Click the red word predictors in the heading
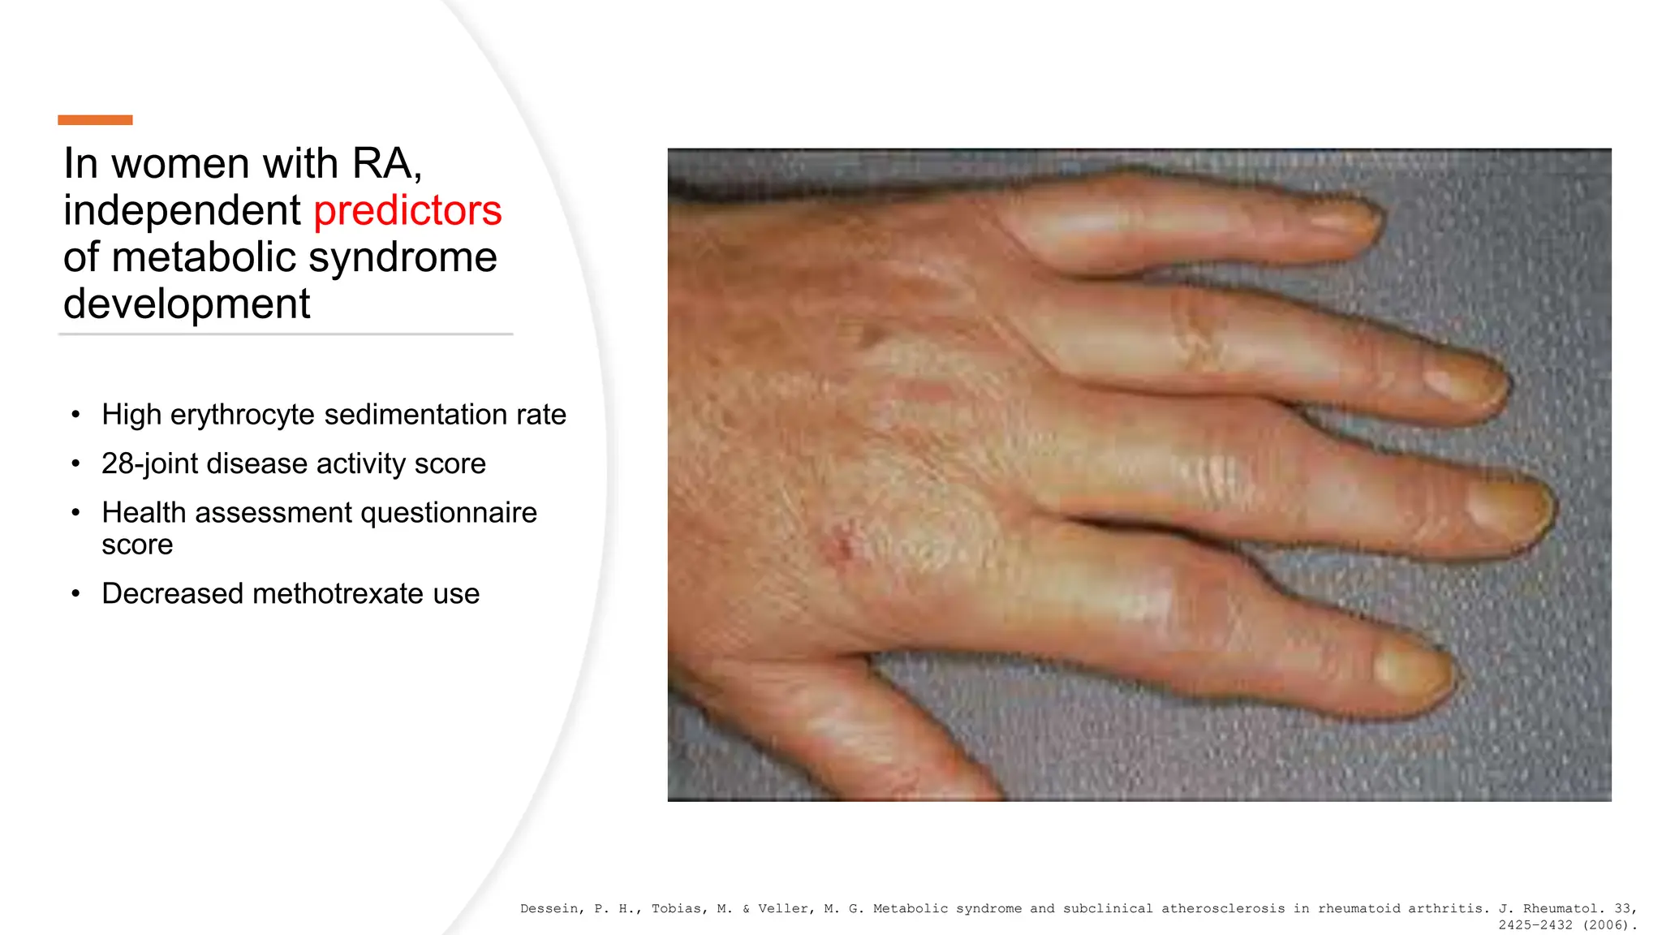[x=407, y=211]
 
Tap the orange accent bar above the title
[x=95, y=120]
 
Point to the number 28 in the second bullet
[x=118, y=463]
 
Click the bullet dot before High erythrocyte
[x=75, y=415]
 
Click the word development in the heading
[x=187, y=304]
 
